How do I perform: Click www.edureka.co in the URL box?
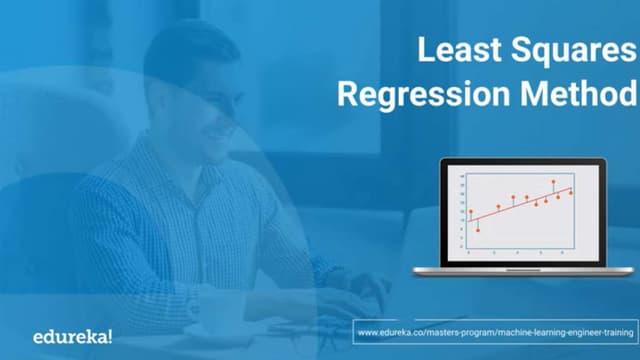390,328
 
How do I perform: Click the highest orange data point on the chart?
553,182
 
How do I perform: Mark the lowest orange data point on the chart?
478,230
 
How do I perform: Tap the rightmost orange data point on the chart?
571,193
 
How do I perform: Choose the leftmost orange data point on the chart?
471,212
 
